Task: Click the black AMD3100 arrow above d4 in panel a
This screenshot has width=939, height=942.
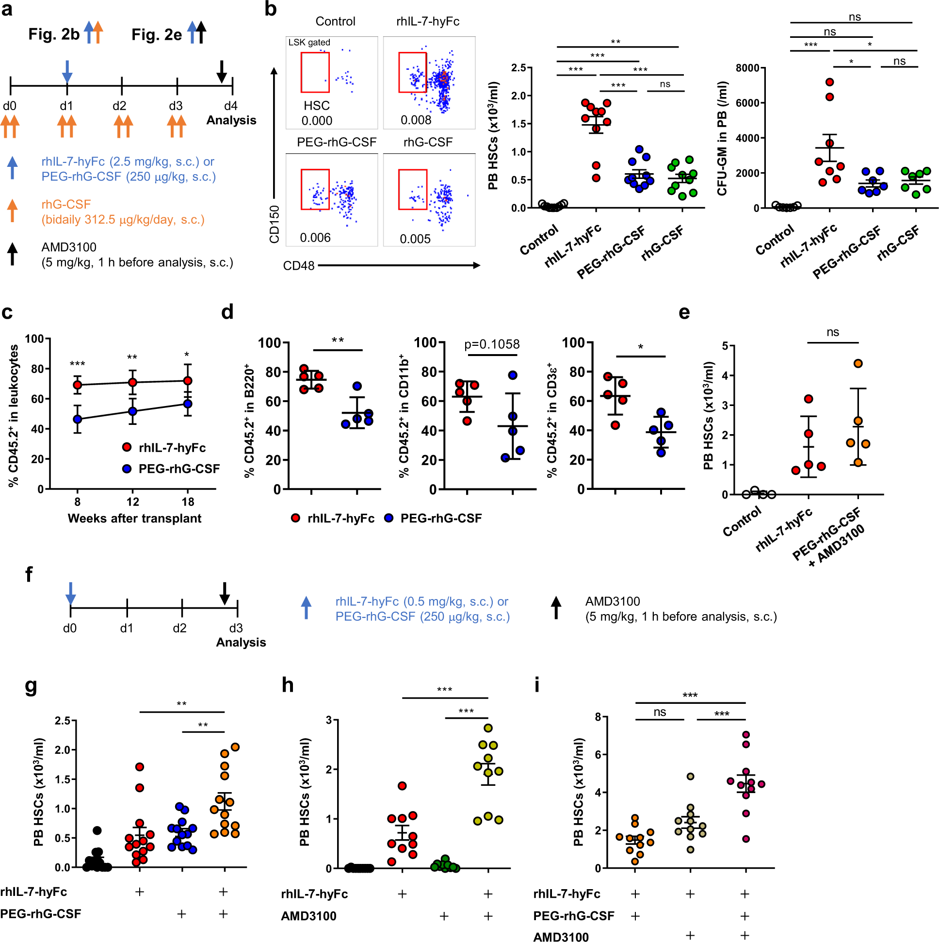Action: pos(221,71)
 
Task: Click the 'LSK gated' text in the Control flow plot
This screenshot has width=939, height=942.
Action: pos(309,42)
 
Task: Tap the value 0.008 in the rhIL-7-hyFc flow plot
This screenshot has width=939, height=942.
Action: pos(415,120)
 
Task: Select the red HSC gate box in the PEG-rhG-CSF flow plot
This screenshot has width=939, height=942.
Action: pos(315,189)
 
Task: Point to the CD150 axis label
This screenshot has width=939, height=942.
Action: pos(274,224)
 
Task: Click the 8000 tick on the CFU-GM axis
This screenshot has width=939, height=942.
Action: pos(747,68)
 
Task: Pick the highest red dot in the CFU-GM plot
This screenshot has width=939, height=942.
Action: pos(829,82)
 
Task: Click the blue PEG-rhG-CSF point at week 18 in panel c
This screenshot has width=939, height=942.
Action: pos(188,403)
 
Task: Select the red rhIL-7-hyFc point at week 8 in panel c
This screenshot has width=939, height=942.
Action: pos(77,385)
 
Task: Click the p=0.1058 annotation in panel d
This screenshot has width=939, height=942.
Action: pos(491,344)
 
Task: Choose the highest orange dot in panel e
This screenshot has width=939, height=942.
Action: pos(858,363)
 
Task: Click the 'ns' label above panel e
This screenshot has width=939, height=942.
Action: pos(832,332)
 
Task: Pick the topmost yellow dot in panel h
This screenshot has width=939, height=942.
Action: pos(488,728)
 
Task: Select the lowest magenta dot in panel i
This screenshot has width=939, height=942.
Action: pos(745,839)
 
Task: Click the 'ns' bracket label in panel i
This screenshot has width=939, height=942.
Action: pos(659,712)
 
